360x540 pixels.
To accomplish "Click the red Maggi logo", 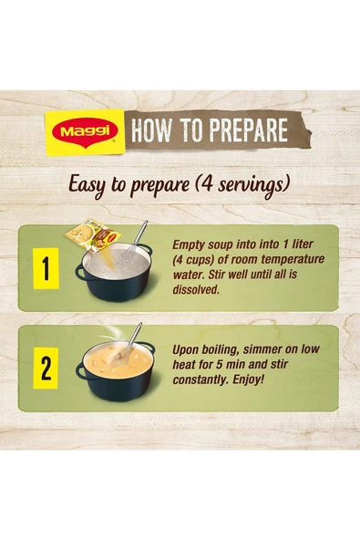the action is [85, 132].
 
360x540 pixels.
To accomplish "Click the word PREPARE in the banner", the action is [249, 130].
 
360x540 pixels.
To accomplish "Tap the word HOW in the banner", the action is [151, 130].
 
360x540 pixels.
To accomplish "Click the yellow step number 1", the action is [46, 268].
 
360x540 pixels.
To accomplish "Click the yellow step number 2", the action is [46, 369].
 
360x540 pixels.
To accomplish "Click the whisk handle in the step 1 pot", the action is [140, 234].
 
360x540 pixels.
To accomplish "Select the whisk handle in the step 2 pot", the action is [136, 335].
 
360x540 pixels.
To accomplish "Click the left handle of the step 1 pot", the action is [81, 274].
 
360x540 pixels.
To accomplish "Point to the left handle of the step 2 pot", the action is [81, 372].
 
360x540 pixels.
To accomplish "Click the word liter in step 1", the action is [302, 244].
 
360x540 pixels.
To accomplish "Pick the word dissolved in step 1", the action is [196, 290].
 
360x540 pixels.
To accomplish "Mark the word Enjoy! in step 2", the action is [249, 380].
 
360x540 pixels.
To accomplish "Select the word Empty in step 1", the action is [189, 244].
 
